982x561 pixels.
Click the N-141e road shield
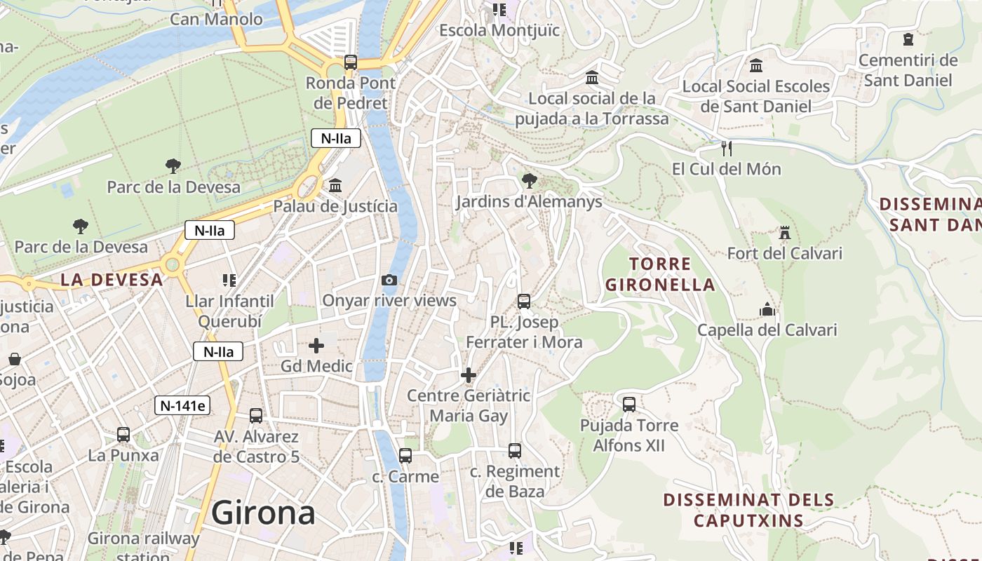[182, 405]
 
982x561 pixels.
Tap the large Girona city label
[263, 513]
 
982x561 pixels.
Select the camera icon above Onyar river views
[389, 280]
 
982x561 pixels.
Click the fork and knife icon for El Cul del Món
[727, 148]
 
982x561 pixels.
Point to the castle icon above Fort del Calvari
[784, 232]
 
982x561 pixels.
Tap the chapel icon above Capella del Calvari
[767, 309]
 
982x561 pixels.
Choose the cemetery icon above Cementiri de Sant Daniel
[908, 39]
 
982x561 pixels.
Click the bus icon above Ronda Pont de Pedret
[351, 62]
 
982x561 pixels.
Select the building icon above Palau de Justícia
[335, 186]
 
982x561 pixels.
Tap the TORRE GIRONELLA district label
[660, 274]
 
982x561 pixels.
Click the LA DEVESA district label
[112, 280]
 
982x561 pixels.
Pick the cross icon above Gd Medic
[316, 346]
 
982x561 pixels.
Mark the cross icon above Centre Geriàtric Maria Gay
[469, 375]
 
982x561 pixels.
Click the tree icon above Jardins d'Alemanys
[529, 182]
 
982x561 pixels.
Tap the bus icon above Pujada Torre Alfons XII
[629, 405]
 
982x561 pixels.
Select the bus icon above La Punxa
[123, 435]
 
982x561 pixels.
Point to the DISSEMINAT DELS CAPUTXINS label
[748, 511]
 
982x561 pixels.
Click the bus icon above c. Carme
[405, 456]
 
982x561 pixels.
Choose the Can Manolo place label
[216, 19]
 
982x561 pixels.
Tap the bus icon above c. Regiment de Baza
[515, 451]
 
